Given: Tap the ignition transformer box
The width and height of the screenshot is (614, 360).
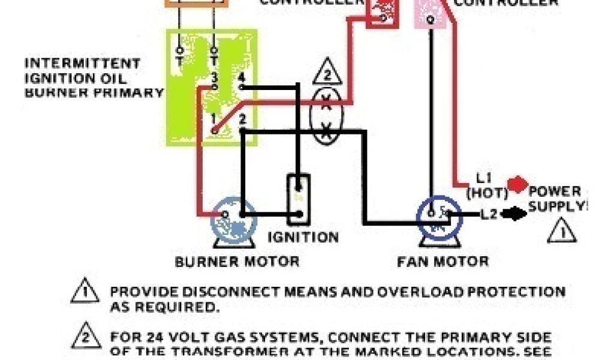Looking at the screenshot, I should (298, 197).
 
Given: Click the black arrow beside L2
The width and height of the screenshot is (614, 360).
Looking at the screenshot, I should (514, 214).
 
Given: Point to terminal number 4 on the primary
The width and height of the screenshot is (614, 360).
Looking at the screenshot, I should (241, 79).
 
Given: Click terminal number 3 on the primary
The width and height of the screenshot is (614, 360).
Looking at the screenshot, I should (214, 79).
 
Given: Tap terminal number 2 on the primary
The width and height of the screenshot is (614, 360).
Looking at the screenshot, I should (242, 118).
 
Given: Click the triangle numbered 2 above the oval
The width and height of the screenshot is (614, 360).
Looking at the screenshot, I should (327, 74).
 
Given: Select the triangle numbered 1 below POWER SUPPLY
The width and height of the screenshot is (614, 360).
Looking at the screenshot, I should (562, 231).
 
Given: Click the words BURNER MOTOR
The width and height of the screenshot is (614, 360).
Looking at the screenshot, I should (237, 262).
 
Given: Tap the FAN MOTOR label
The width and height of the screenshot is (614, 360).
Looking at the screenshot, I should (443, 262).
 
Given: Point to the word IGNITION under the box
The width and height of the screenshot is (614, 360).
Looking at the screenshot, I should (303, 236).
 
